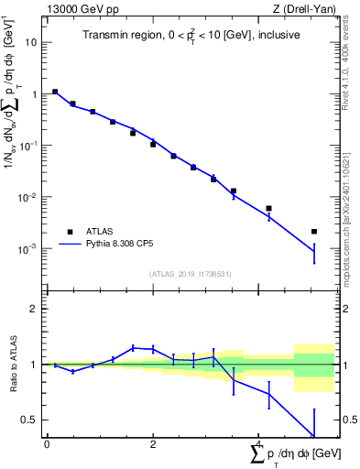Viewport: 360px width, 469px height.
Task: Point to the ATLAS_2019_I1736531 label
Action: [x=191, y=274]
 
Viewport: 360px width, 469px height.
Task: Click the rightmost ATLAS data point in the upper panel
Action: [x=314, y=232]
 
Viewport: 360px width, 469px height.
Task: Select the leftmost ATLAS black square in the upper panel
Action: [x=55, y=92]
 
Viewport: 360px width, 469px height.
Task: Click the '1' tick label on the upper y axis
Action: [x=34, y=94]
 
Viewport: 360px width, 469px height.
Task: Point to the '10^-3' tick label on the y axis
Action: [x=28, y=249]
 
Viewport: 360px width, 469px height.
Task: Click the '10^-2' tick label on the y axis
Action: [x=28, y=197]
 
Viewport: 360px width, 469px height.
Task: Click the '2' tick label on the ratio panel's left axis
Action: [x=34, y=309]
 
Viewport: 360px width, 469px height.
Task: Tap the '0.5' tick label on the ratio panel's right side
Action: [x=348, y=420]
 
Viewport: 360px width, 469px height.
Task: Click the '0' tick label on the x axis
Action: [x=47, y=443]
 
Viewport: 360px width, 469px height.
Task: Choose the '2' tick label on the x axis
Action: [x=153, y=443]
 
